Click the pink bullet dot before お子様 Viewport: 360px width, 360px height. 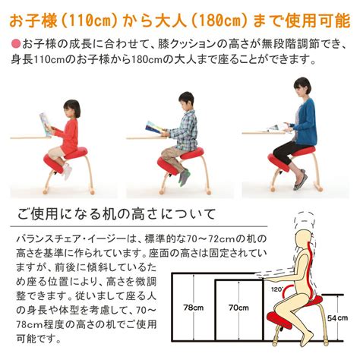coord(16,43)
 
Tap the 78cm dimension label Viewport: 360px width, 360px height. coord(194,308)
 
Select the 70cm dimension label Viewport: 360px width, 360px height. coord(238,308)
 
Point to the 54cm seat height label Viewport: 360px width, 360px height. coord(338,318)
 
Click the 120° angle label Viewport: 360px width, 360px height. coord(276,289)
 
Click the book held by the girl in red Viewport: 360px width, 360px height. coord(46,125)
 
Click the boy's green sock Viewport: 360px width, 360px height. coord(184,177)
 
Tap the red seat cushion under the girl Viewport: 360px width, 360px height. coord(76,153)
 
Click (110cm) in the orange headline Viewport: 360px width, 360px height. coord(87,21)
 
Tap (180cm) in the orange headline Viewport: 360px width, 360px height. coord(219,21)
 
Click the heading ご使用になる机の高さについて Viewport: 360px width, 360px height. coord(116,214)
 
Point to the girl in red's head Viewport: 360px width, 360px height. coord(71,109)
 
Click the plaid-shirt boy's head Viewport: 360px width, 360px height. coord(186,101)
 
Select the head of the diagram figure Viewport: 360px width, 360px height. coord(305,237)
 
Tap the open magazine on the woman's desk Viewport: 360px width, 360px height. coord(277,128)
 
